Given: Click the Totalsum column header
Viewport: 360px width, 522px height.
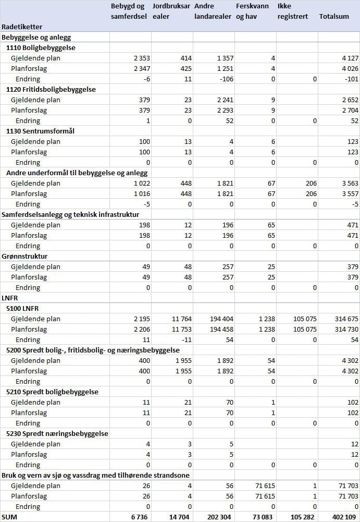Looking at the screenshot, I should click(x=334, y=17).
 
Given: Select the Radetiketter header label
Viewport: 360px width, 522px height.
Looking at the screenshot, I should click(x=22, y=27).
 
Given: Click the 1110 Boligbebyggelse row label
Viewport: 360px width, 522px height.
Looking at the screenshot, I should click(x=41, y=47).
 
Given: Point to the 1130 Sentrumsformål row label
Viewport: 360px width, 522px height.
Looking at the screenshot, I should click(x=40, y=131).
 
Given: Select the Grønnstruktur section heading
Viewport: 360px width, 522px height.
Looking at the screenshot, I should click(x=24, y=256).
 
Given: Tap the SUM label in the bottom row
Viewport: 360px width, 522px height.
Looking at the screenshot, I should click(x=10, y=517).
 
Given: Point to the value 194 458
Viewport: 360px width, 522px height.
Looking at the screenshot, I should click(x=220, y=329).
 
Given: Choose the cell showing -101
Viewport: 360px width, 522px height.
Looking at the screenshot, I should click(x=351, y=79).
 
